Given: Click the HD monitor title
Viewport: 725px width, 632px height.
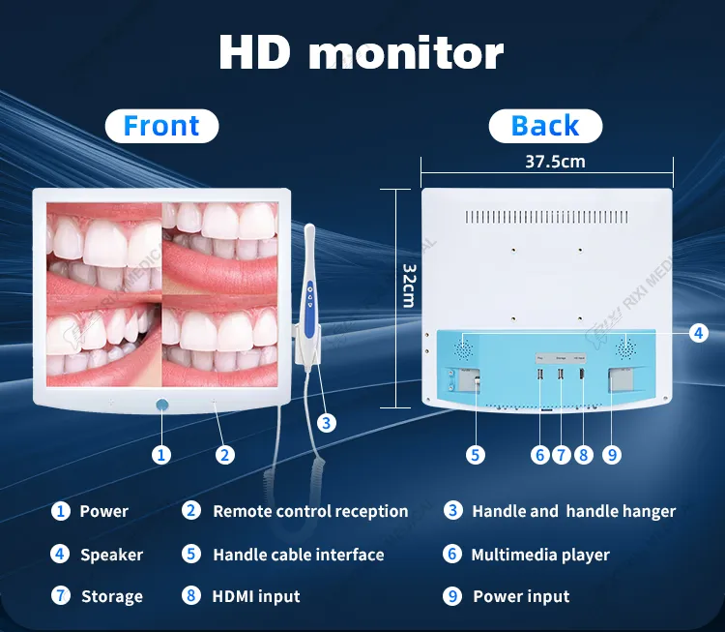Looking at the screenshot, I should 361,53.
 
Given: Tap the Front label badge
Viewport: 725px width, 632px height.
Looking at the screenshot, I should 161,126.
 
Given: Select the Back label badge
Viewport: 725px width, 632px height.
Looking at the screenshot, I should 545,126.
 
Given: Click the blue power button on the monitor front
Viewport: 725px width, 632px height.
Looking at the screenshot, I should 161,406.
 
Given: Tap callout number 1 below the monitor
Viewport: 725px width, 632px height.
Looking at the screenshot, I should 161,453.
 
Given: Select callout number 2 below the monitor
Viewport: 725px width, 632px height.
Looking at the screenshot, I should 224,453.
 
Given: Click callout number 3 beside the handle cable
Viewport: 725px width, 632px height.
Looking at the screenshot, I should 327,422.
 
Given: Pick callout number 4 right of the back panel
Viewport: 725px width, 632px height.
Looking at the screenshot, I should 699,333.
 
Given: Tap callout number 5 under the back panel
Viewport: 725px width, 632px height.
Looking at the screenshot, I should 475,454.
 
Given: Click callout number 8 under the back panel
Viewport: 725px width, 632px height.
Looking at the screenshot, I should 583,454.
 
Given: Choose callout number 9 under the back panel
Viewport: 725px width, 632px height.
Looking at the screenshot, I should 611,454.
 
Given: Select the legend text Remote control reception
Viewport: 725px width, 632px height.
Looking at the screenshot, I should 309,511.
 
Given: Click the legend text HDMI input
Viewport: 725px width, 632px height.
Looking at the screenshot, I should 255,596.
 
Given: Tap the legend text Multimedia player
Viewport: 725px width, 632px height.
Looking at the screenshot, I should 539,555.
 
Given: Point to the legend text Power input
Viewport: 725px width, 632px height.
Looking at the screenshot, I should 521,596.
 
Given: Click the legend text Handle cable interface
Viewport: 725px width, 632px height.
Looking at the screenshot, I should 298,555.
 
